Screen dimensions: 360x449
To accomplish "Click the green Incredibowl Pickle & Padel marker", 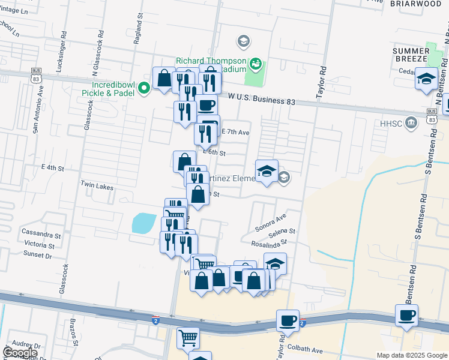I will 144,89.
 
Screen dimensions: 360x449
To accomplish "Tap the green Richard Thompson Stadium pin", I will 256,62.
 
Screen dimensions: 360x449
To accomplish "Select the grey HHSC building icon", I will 411,123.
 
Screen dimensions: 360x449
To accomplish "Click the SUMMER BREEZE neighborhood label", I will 411,55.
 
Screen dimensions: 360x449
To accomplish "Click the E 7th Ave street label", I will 235,131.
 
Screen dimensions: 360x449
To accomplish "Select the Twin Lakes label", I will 97,187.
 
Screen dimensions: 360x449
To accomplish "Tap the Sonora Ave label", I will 271,224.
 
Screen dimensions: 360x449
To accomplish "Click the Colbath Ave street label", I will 306,350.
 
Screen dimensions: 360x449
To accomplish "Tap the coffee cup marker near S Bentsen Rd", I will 406,314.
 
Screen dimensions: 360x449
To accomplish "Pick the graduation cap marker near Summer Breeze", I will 426,79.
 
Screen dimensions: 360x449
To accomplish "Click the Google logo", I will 20,353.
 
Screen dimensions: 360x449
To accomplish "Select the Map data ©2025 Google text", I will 411,355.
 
